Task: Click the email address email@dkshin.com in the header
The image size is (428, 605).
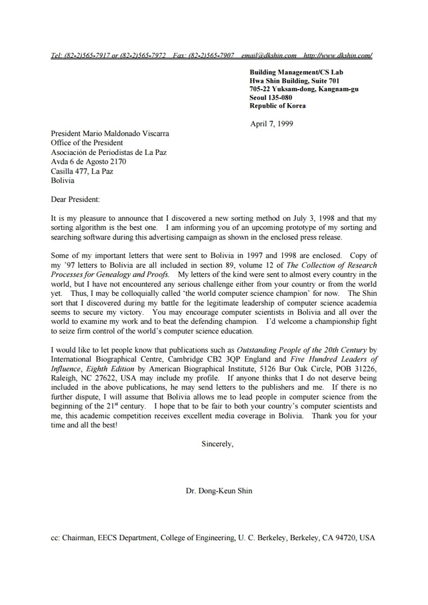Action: pos(269,56)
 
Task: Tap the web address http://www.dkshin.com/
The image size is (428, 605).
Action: pos(337,56)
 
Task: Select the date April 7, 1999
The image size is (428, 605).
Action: pos(271,124)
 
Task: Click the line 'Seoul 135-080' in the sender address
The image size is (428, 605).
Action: pos(271,97)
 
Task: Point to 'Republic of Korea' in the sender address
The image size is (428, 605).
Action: pos(278,106)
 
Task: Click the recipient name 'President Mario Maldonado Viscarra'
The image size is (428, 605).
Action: pos(110,134)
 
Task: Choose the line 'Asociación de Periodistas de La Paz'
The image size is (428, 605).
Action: pos(109,152)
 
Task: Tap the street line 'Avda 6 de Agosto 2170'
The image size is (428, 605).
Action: pos(88,162)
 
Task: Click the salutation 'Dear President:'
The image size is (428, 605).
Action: pos(75,199)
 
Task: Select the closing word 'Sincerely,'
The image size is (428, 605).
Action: pos(217,444)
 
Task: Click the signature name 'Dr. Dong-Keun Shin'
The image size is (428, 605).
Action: pos(219,491)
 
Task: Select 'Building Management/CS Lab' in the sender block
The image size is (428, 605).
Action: pos(296,72)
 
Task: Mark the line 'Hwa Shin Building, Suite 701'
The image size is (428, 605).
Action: pos(295,81)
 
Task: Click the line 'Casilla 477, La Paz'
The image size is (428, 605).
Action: pos(82,171)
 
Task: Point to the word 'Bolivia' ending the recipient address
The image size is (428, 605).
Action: pos(63,181)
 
